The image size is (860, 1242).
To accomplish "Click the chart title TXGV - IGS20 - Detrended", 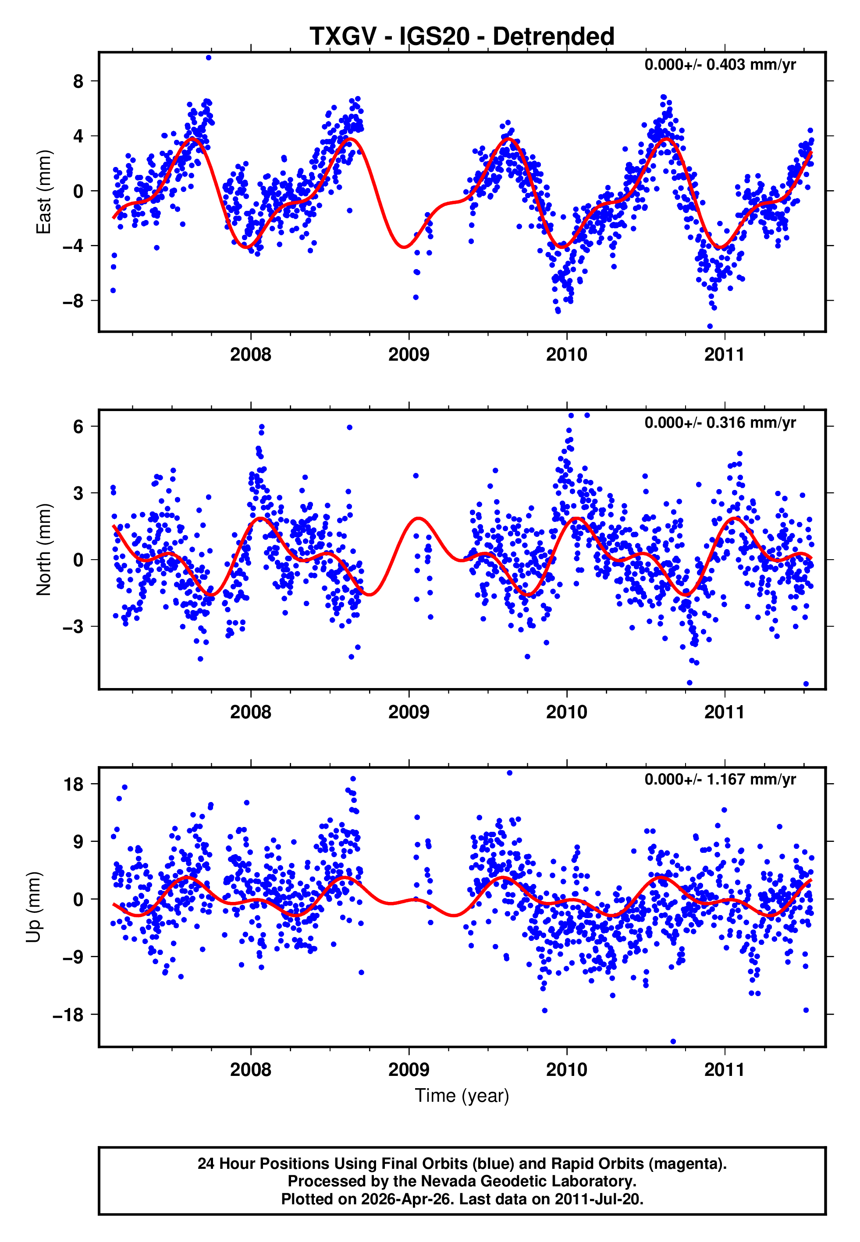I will point(462,37).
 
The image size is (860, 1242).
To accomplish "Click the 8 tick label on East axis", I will point(78,82).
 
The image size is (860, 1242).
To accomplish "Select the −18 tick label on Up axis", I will point(68,1015).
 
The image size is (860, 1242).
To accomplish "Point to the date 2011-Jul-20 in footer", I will point(598,1199).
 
